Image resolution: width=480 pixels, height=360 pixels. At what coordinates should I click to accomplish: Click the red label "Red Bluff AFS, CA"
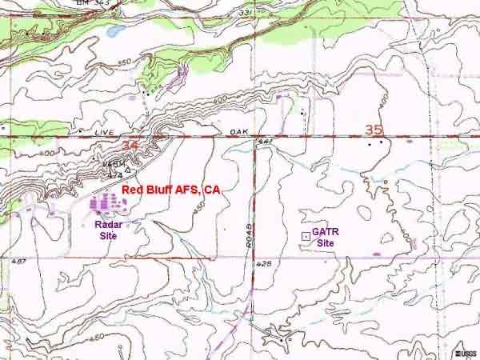pyautogui.click(x=171, y=190)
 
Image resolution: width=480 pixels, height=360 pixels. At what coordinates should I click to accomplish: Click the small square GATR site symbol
pyautogui.click(x=306, y=236)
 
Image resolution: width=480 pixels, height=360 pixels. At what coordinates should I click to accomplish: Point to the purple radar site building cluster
pyautogui.click(x=109, y=205)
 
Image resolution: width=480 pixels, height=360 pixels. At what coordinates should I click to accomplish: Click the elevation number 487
pyautogui.click(x=20, y=261)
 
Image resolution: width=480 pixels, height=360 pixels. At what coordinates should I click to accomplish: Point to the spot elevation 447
pyautogui.click(x=264, y=142)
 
